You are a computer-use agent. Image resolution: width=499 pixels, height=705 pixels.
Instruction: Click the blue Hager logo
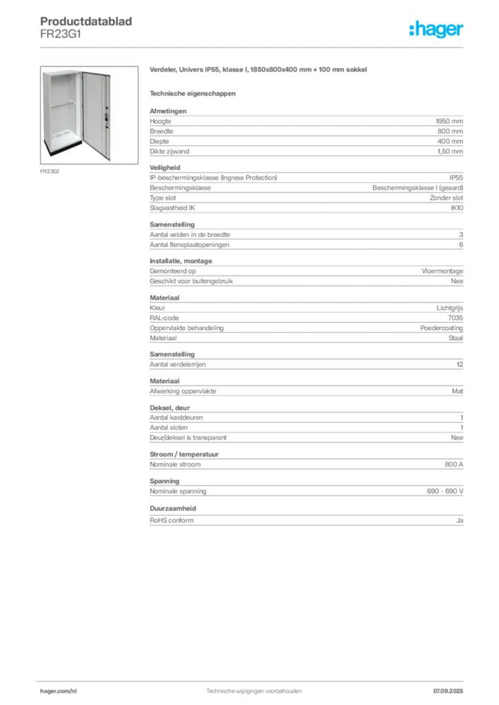(x=438, y=30)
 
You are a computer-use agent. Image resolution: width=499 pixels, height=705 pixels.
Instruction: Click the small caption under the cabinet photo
(x=49, y=171)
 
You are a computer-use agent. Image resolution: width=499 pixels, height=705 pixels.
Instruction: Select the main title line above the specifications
(x=258, y=71)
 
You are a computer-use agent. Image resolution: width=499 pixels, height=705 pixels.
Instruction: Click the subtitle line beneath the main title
(x=193, y=92)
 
